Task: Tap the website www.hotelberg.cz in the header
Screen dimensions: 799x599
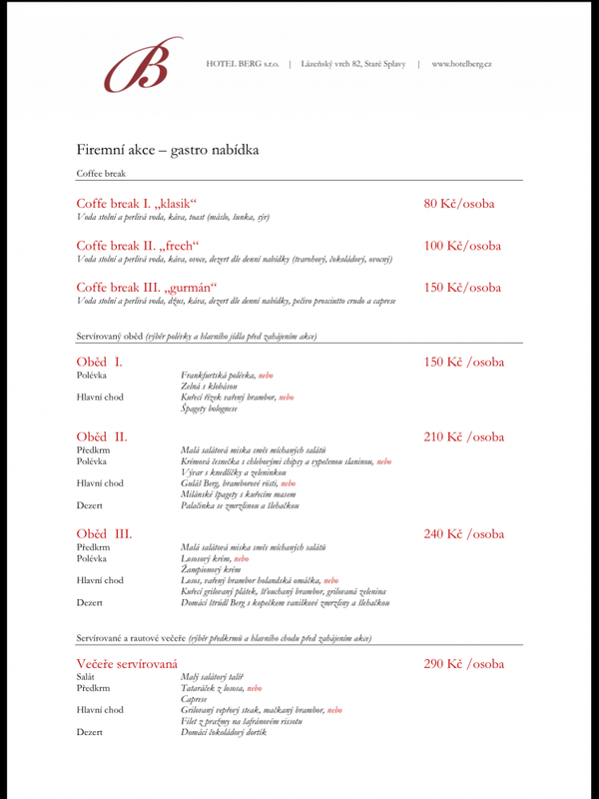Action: click(461, 64)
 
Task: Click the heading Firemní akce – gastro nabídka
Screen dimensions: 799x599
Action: click(168, 150)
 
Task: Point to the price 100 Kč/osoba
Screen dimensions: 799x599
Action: click(462, 246)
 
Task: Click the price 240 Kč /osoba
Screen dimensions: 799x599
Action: click(464, 534)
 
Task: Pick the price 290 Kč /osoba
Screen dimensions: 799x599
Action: click(464, 664)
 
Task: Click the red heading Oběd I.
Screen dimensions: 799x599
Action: click(99, 362)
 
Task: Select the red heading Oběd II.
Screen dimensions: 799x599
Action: click(102, 436)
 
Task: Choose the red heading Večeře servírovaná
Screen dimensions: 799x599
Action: click(127, 664)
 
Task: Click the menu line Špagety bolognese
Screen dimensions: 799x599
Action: click(209, 408)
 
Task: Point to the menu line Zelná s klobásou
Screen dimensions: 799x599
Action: click(209, 386)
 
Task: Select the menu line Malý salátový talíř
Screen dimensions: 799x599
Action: click(212, 677)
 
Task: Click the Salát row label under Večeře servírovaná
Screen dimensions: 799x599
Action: click(88, 677)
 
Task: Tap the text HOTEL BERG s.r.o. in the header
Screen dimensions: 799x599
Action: click(243, 64)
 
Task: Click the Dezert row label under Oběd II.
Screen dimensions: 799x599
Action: click(90, 505)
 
